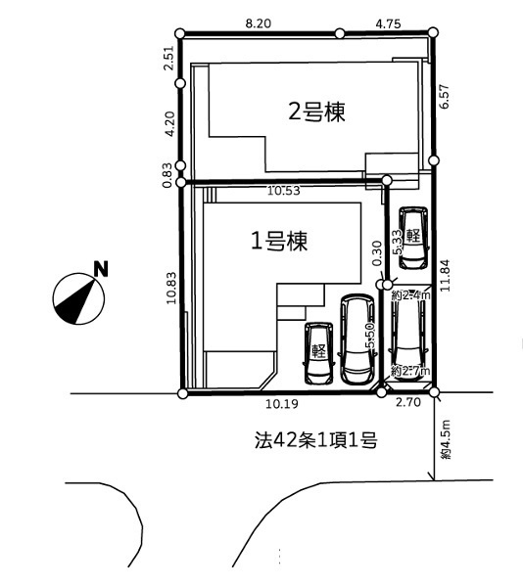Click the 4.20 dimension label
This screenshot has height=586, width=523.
(x=167, y=124)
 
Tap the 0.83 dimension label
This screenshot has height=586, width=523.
(x=167, y=174)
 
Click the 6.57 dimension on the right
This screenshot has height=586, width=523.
(x=447, y=96)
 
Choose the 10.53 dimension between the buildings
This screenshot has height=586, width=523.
(x=284, y=191)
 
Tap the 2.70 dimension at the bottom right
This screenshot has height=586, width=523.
(x=407, y=402)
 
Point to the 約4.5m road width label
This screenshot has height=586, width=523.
(x=446, y=440)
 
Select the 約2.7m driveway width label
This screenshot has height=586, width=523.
(x=409, y=371)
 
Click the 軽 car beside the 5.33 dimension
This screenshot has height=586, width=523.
(x=413, y=237)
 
